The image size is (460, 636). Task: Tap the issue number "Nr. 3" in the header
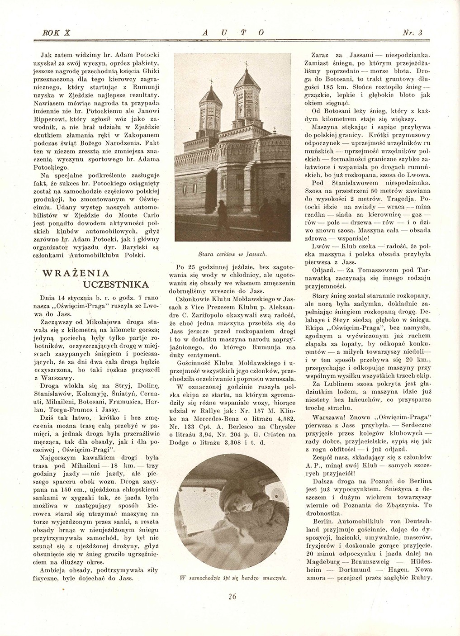pos(412,33)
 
